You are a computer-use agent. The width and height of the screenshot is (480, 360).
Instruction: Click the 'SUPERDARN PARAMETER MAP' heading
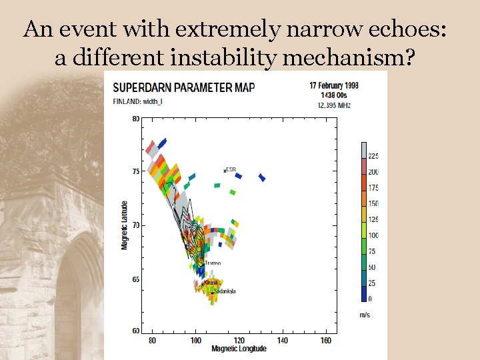[183, 87]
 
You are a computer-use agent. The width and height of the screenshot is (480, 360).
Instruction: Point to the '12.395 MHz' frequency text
[334, 105]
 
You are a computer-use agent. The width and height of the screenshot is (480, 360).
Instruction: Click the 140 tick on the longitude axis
[282, 341]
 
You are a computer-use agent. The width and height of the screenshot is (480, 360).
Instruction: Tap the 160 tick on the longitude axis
[326, 341]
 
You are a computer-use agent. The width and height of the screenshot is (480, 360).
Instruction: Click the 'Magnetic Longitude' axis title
[239, 349]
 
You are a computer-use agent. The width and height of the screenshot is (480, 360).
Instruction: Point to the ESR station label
[231, 169]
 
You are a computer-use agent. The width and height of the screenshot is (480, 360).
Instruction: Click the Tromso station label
[212, 263]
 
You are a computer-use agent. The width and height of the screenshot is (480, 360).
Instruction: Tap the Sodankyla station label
[225, 291]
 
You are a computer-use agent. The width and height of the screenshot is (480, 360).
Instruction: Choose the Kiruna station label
[211, 283]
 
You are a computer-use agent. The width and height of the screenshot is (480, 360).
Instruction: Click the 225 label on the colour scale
[373, 156]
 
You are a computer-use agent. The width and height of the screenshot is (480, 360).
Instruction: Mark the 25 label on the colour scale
[373, 283]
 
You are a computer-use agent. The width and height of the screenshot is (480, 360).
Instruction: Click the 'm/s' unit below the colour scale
[365, 314]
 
